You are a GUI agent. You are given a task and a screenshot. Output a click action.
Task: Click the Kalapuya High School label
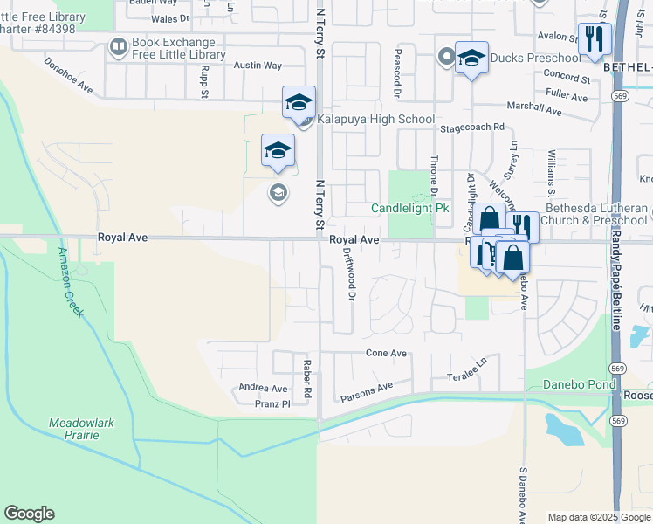tap(375, 119)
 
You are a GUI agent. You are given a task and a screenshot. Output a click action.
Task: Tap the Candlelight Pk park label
tap(409, 209)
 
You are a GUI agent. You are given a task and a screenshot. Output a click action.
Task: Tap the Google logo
tap(29, 514)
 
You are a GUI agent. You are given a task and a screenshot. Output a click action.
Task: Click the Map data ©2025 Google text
tap(599, 517)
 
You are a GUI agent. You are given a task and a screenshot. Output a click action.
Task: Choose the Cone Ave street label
tap(386, 353)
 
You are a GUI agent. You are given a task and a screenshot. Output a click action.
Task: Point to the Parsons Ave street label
tap(367, 389)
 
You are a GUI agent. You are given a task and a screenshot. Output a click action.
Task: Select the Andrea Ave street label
tap(263, 389)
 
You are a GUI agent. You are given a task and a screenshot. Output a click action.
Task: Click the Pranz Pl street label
tap(273, 403)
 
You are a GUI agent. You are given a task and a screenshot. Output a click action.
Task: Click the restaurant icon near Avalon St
tap(595, 38)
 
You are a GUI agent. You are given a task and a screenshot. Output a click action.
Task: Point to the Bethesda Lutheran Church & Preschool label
tap(597, 214)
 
